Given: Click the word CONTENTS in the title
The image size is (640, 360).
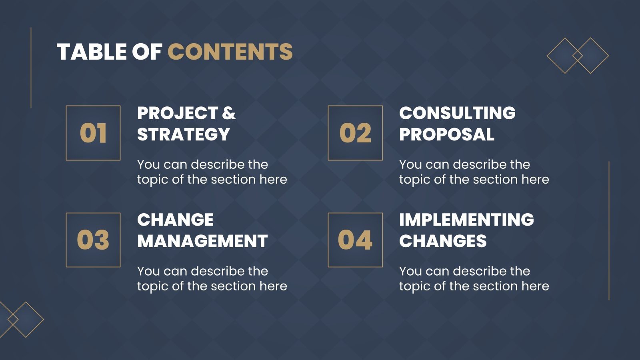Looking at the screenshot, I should pos(230,52).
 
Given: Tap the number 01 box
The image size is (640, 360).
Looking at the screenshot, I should pos(93,133).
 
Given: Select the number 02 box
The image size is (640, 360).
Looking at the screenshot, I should pos(355,133).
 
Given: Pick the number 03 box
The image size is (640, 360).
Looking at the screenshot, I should pos(93,240).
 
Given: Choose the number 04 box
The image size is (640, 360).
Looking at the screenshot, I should pos(355,240).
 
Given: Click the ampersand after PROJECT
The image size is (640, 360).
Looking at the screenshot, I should pos(229,113).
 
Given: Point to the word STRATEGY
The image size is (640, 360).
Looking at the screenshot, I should pos(184,134).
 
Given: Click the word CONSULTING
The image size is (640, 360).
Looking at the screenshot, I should pos(457,113).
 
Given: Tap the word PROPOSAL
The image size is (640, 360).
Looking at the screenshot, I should pos(447,134).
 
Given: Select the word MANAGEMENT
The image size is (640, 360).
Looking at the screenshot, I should pos(202,241).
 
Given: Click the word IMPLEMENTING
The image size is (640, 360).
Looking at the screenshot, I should pos(466,220).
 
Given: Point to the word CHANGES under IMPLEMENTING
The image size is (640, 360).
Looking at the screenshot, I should pos(443,241).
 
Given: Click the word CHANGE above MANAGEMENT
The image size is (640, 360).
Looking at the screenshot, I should pos(176,220).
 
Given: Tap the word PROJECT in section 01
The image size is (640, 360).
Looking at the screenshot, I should pos(178,113).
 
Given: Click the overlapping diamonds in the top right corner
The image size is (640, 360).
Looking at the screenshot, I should pos(578,56).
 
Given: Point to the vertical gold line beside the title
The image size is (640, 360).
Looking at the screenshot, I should pos(31,68).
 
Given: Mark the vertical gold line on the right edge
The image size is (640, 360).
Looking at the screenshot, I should pos(609,231).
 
